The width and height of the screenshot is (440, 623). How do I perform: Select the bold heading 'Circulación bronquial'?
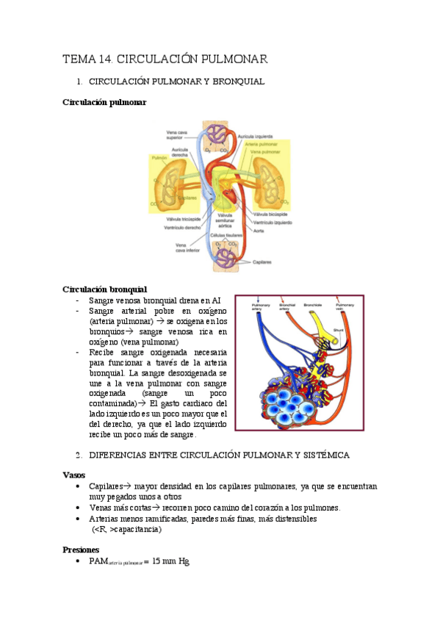tap(104, 289)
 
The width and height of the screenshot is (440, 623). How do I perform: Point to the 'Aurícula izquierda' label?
tap(259, 135)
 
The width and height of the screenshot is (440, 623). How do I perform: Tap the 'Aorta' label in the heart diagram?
tap(259, 231)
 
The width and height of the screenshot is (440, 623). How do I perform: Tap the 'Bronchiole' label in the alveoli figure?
tap(311, 303)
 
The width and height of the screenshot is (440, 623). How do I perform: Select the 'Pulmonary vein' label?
tap(344, 306)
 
